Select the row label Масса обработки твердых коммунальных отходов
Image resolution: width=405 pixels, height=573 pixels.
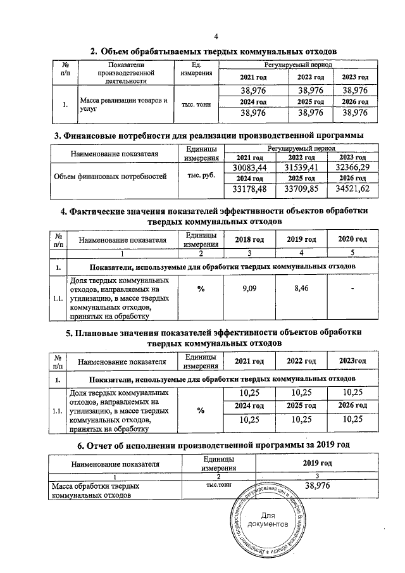pyautogui.click(x=96, y=491)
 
